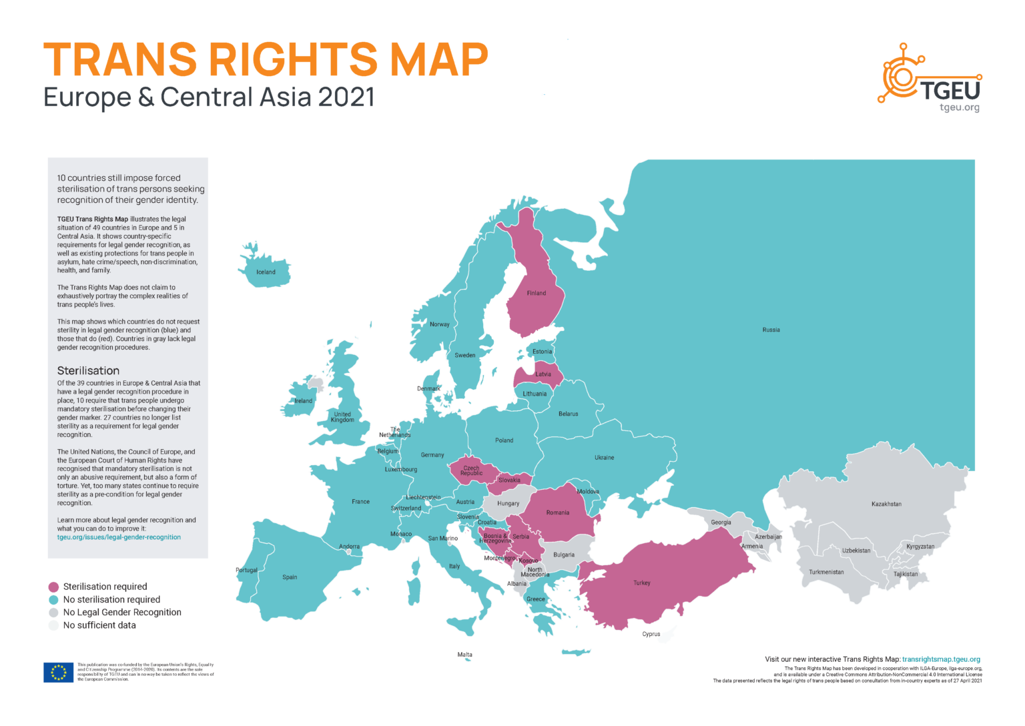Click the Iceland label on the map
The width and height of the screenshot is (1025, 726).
[x=266, y=272]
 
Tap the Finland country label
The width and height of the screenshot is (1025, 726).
[x=536, y=293]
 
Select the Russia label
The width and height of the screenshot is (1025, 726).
[x=771, y=330]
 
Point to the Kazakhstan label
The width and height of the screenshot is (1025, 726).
[x=886, y=504]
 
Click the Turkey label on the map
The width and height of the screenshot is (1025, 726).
[x=641, y=583]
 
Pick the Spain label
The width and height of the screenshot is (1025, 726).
[x=290, y=577]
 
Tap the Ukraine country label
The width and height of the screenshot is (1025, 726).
[x=604, y=458]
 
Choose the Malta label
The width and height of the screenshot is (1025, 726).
[x=464, y=655]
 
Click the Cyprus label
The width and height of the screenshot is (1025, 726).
[x=651, y=634]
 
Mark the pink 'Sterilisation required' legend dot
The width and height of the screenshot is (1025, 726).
[x=53, y=587]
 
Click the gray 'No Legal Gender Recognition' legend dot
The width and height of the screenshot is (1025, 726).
[x=53, y=613]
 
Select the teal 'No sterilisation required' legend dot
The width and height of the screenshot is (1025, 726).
[x=53, y=600]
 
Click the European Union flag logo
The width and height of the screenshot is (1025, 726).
[x=58, y=672]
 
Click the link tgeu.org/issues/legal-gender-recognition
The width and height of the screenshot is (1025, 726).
[x=119, y=537]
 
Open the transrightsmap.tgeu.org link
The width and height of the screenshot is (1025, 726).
[x=941, y=659]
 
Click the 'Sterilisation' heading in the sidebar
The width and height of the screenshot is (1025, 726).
[x=88, y=370]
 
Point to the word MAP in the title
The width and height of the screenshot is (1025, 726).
[x=438, y=60]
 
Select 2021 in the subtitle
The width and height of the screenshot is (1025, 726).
[x=346, y=97]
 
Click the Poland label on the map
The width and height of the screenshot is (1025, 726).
[x=504, y=440]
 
